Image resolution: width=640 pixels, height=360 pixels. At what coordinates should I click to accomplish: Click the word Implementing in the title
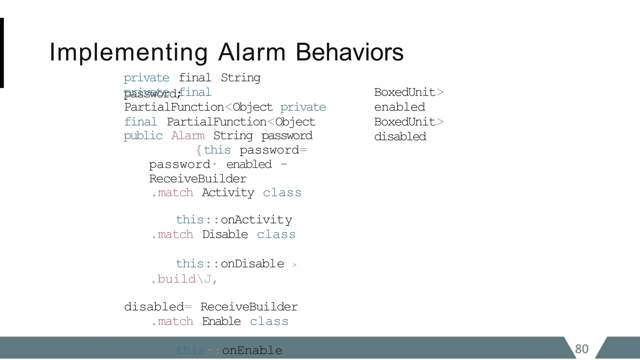[x=128, y=52]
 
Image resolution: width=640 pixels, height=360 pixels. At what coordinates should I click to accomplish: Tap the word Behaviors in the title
[x=349, y=52]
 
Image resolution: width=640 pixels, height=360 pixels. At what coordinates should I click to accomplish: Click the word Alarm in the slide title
[x=252, y=52]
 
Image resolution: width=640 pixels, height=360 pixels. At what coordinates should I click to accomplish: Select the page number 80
[x=582, y=349]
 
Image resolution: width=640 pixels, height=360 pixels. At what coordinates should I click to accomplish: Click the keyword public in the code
[x=143, y=136]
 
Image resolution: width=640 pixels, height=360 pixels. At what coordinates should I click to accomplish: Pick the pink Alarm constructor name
[x=188, y=136]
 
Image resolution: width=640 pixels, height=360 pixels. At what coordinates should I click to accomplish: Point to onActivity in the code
[x=256, y=220]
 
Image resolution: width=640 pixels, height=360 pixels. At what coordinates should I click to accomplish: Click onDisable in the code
[x=252, y=264]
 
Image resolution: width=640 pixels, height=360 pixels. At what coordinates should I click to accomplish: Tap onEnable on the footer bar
[x=252, y=350]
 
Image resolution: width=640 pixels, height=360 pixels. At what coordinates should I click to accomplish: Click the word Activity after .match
[x=228, y=193]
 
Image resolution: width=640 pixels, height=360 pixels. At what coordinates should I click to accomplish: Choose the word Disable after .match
[x=225, y=234]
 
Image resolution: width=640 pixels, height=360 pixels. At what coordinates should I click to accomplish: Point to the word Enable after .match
[x=221, y=321]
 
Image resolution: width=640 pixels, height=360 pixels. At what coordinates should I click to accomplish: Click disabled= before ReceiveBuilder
[x=158, y=307]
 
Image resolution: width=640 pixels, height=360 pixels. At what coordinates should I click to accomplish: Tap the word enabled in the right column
[x=400, y=107]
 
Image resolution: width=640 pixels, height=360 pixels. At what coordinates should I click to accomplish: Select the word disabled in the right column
[x=400, y=137]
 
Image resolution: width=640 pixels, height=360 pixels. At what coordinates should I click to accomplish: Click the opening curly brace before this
[x=199, y=150]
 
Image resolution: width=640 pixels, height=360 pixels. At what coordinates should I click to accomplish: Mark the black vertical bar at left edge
[x=2, y=53]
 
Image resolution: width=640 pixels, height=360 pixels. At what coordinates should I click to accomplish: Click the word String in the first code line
[x=241, y=78]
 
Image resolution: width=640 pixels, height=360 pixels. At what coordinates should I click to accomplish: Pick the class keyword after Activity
[x=282, y=193]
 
